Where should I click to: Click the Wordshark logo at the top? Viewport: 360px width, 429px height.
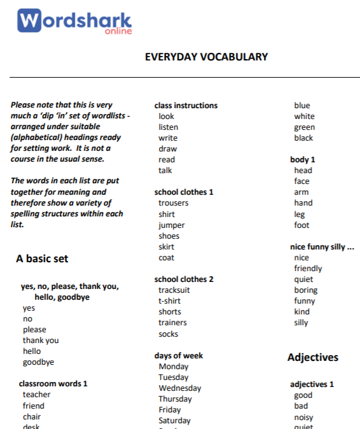click(74, 21)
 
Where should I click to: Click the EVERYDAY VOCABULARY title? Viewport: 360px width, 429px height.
click(206, 57)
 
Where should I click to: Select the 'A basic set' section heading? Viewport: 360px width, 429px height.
click(42, 258)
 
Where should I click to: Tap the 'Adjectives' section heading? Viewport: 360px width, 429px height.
click(313, 357)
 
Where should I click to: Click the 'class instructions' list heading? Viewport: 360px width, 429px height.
click(186, 106)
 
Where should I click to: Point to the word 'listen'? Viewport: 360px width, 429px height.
click(169, 127)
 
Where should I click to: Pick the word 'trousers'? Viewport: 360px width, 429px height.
click(174, 203)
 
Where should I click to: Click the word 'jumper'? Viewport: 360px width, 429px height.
click(172, 225)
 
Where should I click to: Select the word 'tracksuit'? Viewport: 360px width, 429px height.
click(174, 290)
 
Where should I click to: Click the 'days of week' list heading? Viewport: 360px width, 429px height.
click(179, 356)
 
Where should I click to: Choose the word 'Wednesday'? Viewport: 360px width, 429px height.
click(180, 388)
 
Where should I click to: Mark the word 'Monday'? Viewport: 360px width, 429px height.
click(174, 367)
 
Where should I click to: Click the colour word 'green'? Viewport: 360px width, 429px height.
click(304, 127)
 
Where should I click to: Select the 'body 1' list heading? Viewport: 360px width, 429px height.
click(303, 160)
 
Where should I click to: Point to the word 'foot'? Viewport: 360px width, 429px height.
click(301, 225)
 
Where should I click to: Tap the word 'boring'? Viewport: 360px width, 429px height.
click(305, 290)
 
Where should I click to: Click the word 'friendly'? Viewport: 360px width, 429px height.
click(308, 269)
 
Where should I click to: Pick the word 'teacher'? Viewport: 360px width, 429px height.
click(36, 395)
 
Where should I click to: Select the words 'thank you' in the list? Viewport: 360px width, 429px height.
click(41, 341)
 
